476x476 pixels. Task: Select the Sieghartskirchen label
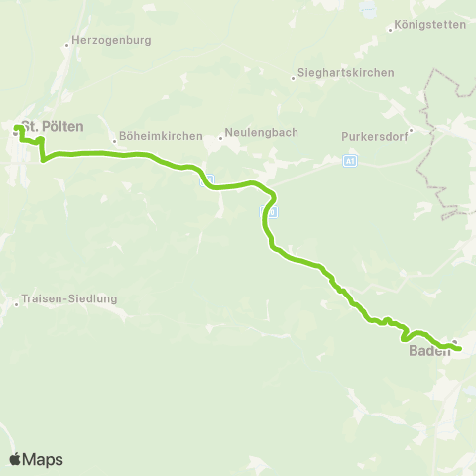click(x=346, y=73)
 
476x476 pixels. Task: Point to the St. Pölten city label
click(x=54, y=127)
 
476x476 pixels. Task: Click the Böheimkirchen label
click(x=160, y=136)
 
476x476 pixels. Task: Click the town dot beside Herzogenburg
click(x=65, y=44)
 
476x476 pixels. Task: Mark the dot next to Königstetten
click(x=391, y=29)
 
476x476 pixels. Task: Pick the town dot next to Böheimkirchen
click(x=115, y=141)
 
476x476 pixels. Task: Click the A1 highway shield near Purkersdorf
click(x=350, y=160)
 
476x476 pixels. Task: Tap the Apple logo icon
click(x=15, y=459)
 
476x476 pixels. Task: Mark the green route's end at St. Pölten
click(x=17, y=127)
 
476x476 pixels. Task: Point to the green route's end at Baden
click(x=459, y=348)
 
